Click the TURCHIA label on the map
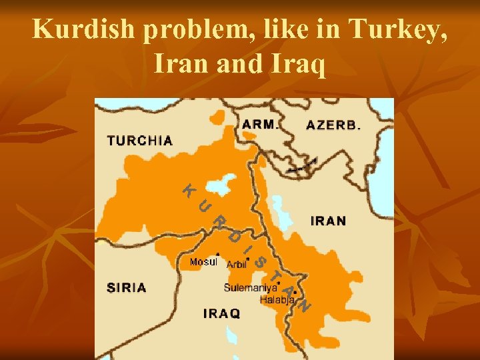[x=140, y=141]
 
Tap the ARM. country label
[x=260, y=124]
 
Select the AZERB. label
[x=333, y=125]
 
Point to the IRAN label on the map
[x=328, y=221]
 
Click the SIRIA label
[x=127, y=288]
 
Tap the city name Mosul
[x=203, y=262]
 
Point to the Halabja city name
[x=277, y=300]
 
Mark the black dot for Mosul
[x=219, y=254]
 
